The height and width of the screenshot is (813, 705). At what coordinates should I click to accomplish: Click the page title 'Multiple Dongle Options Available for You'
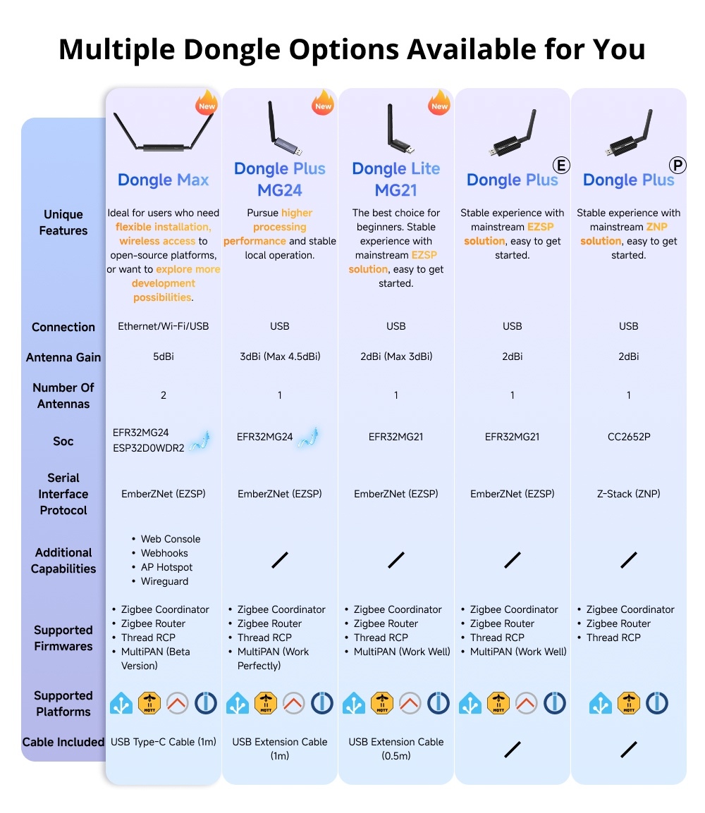[x=352, y=49]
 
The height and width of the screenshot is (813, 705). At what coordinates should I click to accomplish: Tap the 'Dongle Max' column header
[x=163, y=180]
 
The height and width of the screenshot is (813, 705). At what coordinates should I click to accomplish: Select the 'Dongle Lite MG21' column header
[x=396, y=179]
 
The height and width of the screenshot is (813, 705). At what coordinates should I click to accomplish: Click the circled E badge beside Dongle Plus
[x=562, y=166]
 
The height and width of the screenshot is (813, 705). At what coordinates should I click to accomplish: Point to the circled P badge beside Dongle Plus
[x=678, y=166]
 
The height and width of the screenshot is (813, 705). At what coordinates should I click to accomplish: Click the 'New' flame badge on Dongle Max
[x=207, y=104]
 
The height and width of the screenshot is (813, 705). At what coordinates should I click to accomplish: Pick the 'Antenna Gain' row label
[x=63, y=357]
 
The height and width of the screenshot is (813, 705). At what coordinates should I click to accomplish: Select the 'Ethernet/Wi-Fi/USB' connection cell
[x=163, y=326]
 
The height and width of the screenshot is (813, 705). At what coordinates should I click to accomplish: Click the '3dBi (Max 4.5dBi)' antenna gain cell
[x=279, y=356]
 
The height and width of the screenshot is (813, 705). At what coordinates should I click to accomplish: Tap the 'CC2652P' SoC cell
[x=628, y=437]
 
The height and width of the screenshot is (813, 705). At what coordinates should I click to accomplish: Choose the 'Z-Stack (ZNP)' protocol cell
[x=628, y=494]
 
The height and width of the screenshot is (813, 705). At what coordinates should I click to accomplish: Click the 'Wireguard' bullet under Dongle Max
[x=164, y=581]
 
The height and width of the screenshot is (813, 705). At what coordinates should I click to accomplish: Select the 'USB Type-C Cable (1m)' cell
[x=163, y=742]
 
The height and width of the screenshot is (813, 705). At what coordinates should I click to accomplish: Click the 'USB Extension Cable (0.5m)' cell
[x=396, y=749]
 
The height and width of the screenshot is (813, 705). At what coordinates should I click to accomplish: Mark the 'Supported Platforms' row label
[x=63, y=703]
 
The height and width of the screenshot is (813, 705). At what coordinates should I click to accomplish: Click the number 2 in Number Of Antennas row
[x=164, y=395]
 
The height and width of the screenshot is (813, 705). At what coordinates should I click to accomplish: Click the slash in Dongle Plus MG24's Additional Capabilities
[x=280, y=560]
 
